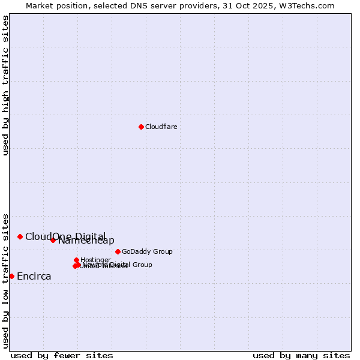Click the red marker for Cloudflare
pos(141,127)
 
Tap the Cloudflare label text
pos(161,127)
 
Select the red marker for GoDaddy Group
pos(118,251)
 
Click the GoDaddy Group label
pos(147,251)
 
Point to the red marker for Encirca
pos(11,276)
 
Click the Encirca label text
pos(34,277)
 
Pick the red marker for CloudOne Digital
pos(20,236)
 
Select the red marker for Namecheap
pos(53,240)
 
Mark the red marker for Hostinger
pos(77,260)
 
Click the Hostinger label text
pos(95,260)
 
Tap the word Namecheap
pos(86,241)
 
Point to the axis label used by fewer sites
pos(62,355)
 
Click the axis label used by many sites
pos(301,355)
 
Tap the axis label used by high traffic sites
pos(5,85)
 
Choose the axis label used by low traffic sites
pos(5,280)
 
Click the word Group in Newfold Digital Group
pos(142,265)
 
